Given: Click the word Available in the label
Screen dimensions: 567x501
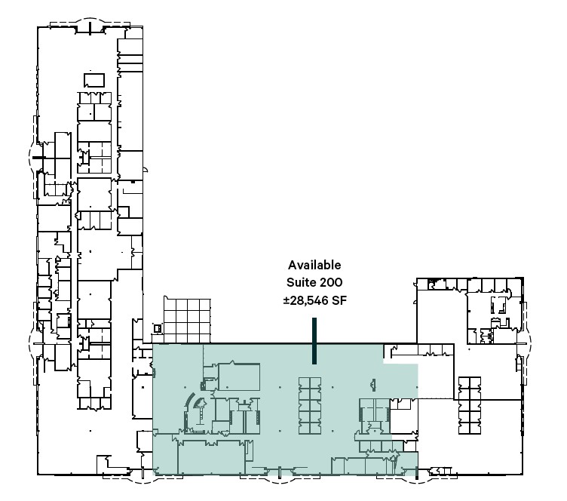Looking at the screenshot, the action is pos(314,265).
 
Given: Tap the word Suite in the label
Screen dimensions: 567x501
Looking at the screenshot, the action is pos(299,282).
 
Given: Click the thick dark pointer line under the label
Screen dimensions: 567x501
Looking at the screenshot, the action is pos(314,341).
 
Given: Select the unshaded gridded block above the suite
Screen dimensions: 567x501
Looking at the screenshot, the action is pos(187,321).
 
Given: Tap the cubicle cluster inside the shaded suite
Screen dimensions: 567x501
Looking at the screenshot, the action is pos(310,405).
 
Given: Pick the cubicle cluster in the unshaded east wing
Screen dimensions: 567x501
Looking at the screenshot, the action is pos(470,405).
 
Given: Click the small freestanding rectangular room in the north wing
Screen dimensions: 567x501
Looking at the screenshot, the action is pos(94,80).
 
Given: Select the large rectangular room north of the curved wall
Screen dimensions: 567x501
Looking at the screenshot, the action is pos(239,377).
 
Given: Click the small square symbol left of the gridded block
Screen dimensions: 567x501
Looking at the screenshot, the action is pos(158,328).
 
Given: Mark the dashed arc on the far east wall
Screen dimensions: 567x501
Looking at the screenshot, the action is pos(529,341).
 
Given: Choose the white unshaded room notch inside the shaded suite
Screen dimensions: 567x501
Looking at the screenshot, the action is pos(404,416).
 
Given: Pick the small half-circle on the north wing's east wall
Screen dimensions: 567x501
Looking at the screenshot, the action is pos(146,169).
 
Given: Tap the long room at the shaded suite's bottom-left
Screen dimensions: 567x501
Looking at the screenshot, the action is pos(212,456).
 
